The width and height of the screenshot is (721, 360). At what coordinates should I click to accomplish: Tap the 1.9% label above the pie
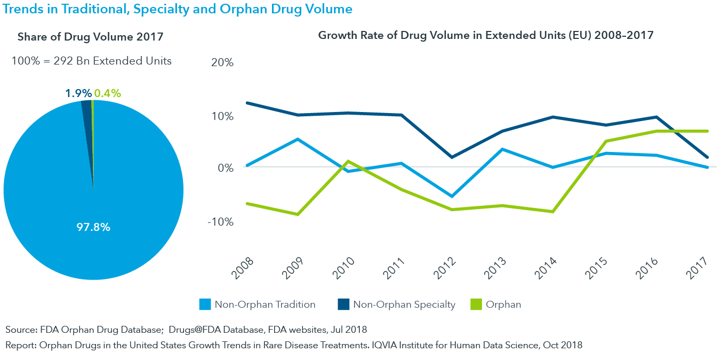[78, 93]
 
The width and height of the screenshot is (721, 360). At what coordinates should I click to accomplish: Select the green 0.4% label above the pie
[107, 93]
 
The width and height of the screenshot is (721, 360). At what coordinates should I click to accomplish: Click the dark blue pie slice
[87, 107]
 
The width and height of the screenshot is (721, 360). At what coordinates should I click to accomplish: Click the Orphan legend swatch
[476, 305]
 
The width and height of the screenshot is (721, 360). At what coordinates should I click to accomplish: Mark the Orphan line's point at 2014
[553, 212]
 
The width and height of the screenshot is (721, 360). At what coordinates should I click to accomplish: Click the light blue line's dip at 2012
[452, 197]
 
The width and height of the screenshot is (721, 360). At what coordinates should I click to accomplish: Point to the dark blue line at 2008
[247, 103]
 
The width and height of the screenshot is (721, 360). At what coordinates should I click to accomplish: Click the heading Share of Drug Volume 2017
[90, 37]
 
